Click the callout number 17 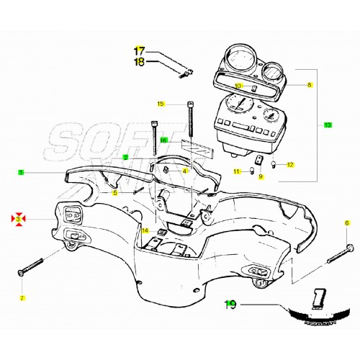coord(140,50)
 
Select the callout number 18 coord(140,62)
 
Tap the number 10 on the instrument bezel coord(238,86)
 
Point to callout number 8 coord(310,85)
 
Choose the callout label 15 coord(161,104)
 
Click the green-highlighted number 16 coord(163,140)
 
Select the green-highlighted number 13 coord(328,125)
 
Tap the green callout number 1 coord(22,172)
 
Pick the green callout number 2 coord(125,157)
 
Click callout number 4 coord(184,171)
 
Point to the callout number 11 coord(236,171)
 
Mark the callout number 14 coord(145,231)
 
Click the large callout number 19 coord(230,305)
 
